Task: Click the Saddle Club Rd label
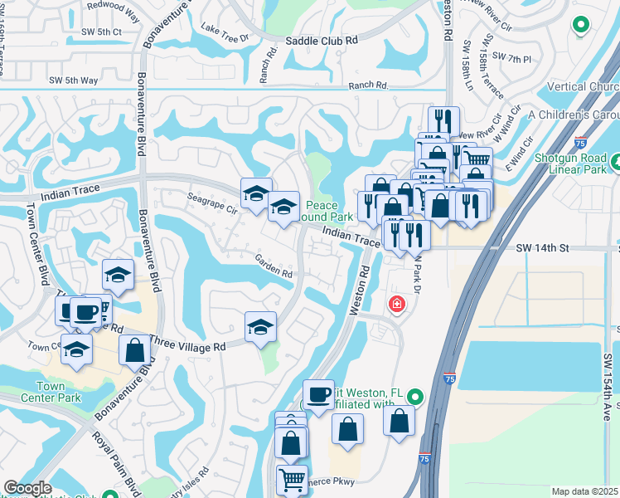(x=321, y=39)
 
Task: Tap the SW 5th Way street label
(x=73, y=81)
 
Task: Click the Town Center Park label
(x=59, y=392)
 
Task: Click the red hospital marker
(x=397, y=305)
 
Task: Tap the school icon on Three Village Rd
(x=260, y=327)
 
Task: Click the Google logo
(x=27, y=488)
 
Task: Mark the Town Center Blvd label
(x=38, y=241)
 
